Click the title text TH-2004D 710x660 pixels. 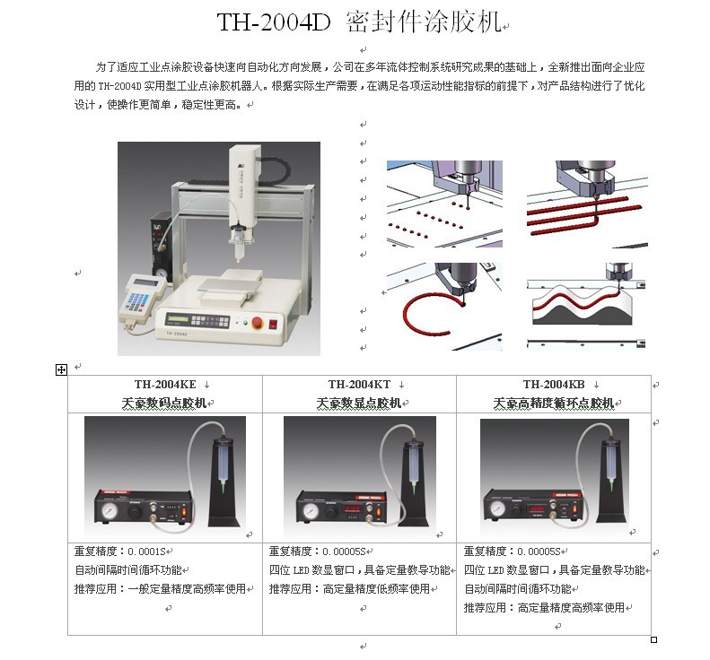274,22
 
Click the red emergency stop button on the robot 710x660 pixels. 257,322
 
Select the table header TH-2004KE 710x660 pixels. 165,385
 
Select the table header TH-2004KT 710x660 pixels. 360,385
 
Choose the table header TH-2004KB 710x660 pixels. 554,385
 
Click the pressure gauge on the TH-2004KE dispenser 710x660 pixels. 110,511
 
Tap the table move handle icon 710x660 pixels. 61,370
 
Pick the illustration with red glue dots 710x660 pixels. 444,204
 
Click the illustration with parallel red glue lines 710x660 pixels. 587,204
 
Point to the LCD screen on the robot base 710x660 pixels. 177,318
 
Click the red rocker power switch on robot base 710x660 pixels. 273,324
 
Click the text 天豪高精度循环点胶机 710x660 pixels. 554,403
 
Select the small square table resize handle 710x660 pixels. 653,639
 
